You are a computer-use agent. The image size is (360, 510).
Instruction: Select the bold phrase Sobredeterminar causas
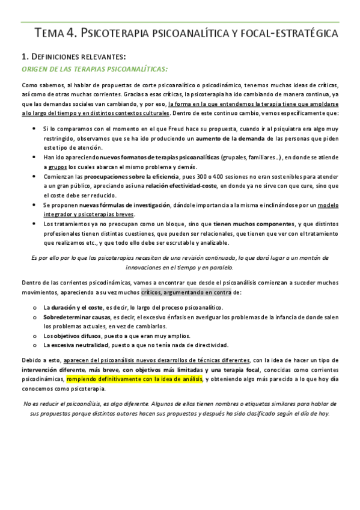tap(72, 316)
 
